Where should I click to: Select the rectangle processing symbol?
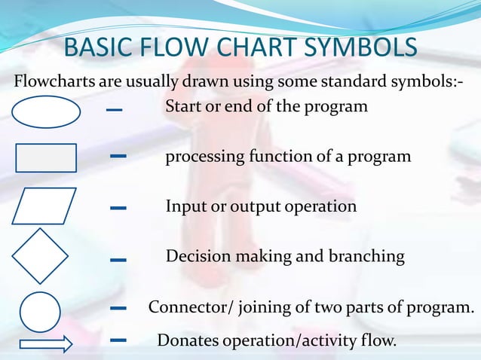(46, 158)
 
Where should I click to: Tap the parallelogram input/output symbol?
(44, 206)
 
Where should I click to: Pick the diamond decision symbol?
(40, 256)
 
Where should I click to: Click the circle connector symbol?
(40, 312)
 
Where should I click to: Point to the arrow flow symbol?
(45, 345)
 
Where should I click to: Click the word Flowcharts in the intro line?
(52, 81)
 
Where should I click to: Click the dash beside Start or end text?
(114, 110)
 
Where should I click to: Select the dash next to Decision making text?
(118, 260)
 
